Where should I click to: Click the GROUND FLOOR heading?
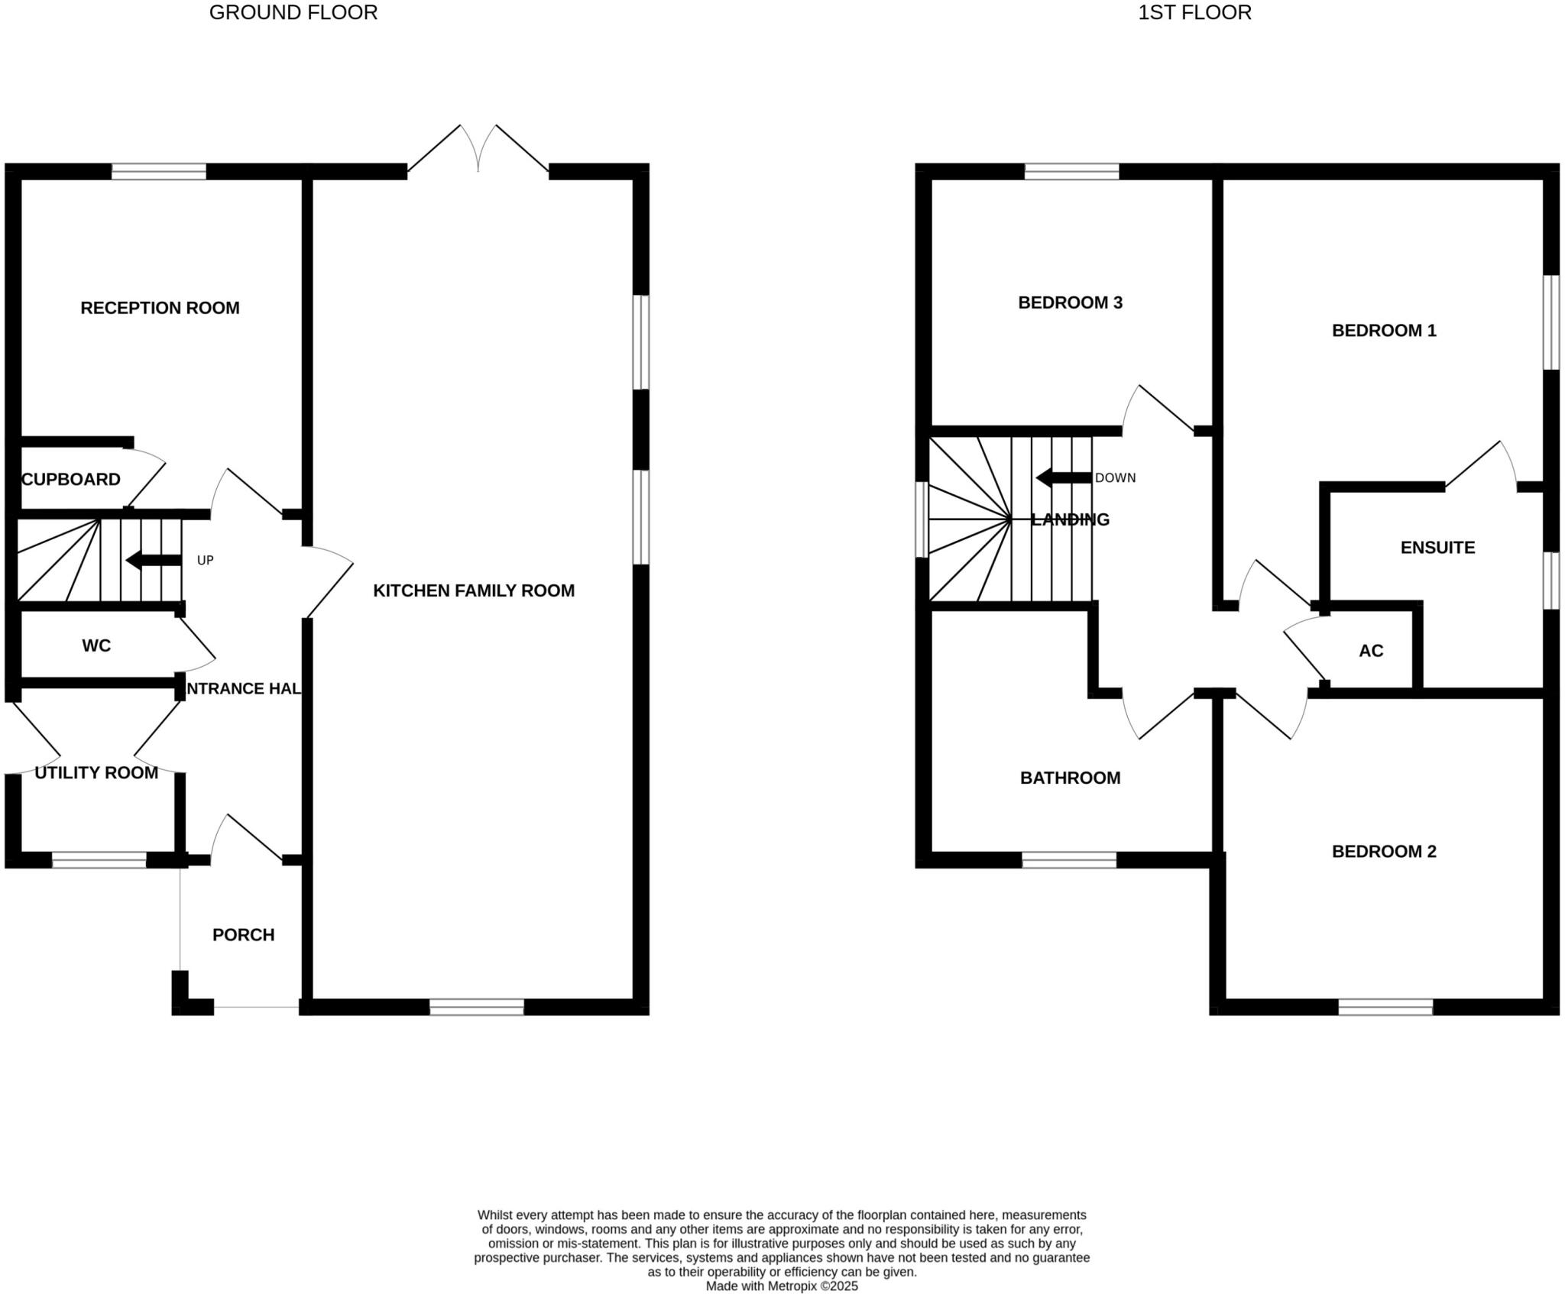(293, 13)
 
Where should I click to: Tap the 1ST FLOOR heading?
(1194, 13)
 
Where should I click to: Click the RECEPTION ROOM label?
(160, 308)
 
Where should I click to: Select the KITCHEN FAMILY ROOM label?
(474, 590)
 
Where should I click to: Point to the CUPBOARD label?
(71, 480)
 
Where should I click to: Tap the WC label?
(96, 646)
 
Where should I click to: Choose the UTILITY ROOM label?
(96, 773)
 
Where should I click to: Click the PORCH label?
(243, 935)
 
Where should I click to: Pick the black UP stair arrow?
(153, 561)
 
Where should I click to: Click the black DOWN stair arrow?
(1063, 478)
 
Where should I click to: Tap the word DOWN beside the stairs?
(1115, 478)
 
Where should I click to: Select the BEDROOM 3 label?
(1070, 302)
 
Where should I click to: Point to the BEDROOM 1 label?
(1384, 331)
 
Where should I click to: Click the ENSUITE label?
(1437, 548)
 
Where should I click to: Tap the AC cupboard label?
(1371, 651)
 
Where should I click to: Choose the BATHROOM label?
(1070, 778)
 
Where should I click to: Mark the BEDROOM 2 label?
(1384, 852)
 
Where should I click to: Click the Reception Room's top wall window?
(159, 171)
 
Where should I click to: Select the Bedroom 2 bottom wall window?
(1385, 1007)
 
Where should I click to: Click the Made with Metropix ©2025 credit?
(782, 1286)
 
